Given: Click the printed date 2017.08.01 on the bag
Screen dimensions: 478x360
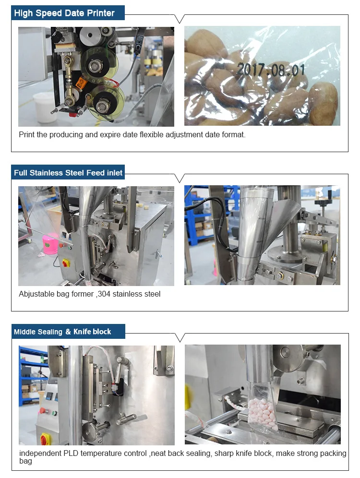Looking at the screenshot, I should coord(271,70).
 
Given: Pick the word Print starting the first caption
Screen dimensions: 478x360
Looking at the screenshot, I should coord(26,135).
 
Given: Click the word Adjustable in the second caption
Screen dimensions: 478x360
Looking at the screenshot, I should coord(38,294).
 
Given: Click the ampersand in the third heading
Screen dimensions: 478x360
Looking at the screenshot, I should coord(68,332).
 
